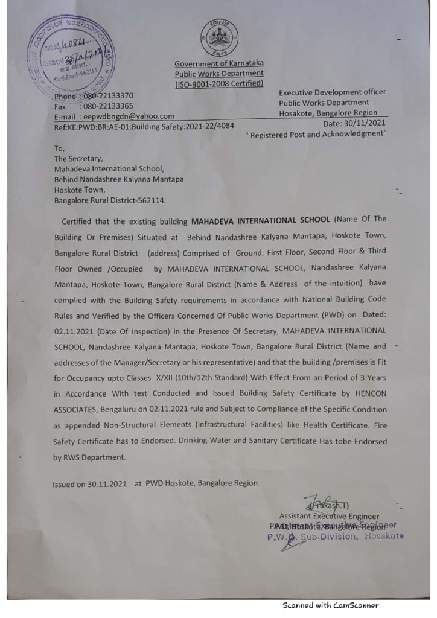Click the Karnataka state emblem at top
[219, 37]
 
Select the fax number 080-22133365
[108, 106]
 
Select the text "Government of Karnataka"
[219, 63]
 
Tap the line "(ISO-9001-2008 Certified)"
[219, 84]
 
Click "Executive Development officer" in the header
[332, 92]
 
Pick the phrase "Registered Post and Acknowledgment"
[316, 133]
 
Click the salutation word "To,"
[59, 148]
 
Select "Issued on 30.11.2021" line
[89, 483]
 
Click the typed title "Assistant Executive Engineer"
[329, 516]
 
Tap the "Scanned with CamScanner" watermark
[330, 605]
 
